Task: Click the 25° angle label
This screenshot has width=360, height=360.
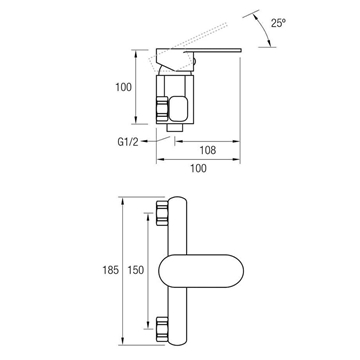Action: tap(278, 23)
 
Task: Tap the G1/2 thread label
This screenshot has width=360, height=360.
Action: tap(128, 142)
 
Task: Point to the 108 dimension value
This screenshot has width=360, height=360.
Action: tap(208, 150)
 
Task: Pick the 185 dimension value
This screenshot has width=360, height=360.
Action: tap(111, 270)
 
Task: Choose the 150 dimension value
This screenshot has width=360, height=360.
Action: tap(136, 270)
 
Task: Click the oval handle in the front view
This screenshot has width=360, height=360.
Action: tap(201, 271)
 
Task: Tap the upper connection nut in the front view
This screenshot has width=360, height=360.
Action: tap(162, 213)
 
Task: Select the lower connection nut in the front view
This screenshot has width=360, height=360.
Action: tap(162, 329)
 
